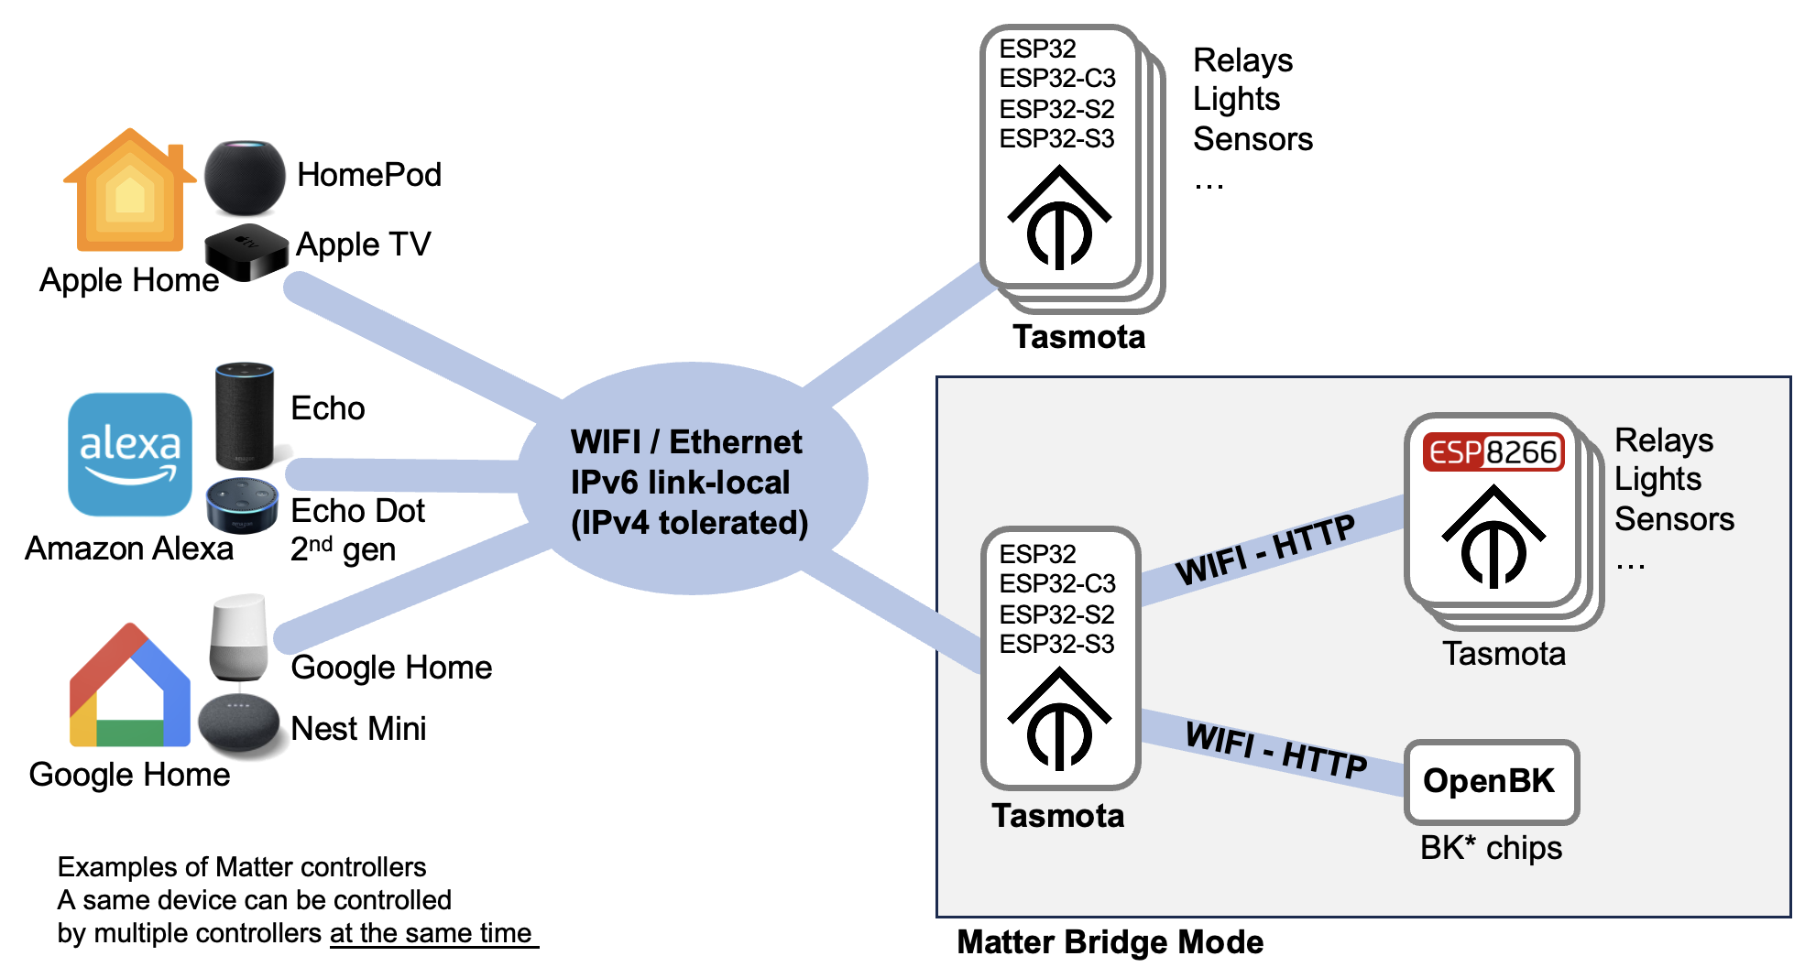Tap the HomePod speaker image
pos(245,178)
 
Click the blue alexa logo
pos(130,454)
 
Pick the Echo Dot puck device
pos(242,505)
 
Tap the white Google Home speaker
pos(239,637)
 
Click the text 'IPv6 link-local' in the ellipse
pos(680,483)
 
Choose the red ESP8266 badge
pos(1493,452)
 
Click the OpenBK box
pos(1491,781)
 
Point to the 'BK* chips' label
pos(1491,848)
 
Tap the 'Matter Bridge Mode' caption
pos(1110,942)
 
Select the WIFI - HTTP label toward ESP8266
pos(1265,549)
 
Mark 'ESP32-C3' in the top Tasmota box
pos(1057,79)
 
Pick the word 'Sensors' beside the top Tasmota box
pos(1253,139)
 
